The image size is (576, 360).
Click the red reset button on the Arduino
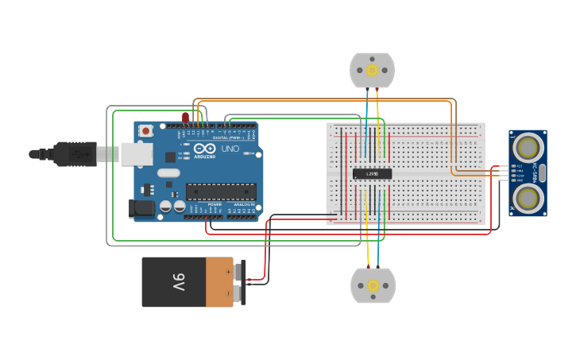click(x=146, y=130)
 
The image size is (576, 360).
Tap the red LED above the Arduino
click(x=185, y=118)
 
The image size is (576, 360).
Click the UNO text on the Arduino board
click(x=229, y=149)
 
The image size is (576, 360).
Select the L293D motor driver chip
click(x=372, y=173)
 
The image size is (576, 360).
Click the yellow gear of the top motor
click(x=372, y=70)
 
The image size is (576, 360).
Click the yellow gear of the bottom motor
click(x=372, y=285)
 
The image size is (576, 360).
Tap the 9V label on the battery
click(x=178, y=282)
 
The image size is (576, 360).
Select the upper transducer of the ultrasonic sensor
click(x=528, y=147)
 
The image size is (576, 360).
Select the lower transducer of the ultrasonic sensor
click(x=528, y=196)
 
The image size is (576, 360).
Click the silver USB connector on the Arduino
click(x=137, y=153)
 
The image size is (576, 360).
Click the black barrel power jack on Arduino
click(x=141, y=208)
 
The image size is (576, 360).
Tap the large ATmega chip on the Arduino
click(x=221, y=192)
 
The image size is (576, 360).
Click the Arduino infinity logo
click(x=203, y=149)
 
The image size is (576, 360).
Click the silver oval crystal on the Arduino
click(x=168, y=172)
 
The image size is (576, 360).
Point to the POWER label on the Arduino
click(x=215, y=205)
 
